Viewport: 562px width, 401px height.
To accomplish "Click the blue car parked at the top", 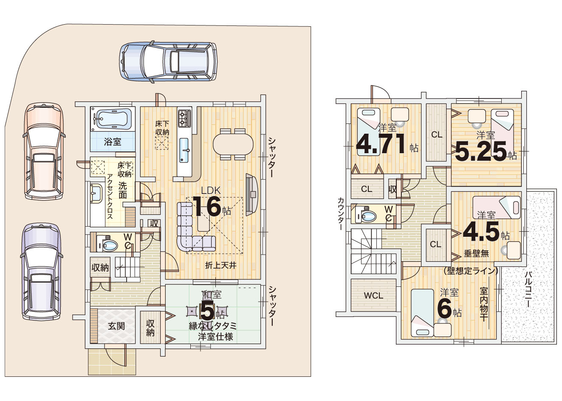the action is tap(168, 62).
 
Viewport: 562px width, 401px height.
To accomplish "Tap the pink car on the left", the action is tap(44, 151).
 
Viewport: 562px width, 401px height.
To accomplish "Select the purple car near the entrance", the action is tap(42, 272).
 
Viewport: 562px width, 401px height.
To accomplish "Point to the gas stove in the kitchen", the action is tap(185, 118).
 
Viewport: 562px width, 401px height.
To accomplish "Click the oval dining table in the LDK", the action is tap(233, 144).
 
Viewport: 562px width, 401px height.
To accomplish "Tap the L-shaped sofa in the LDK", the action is tap(193, 227).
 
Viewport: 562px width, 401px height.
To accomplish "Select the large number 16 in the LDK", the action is tap(207, 206).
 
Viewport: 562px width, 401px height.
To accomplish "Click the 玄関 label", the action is tap(116, 326).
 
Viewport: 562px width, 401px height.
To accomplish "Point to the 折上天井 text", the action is tap(221, 265).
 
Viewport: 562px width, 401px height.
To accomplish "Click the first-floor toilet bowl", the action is tap(110, 245).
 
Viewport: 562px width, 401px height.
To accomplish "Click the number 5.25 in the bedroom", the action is tap(480, 151).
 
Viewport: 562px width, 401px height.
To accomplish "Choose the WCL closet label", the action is tap(373, 296).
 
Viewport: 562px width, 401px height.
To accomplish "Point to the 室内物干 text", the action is tap(483, 304).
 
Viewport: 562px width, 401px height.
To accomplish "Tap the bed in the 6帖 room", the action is tap(423, 313).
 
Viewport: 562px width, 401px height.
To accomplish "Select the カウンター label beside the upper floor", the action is tap(340, 213).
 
